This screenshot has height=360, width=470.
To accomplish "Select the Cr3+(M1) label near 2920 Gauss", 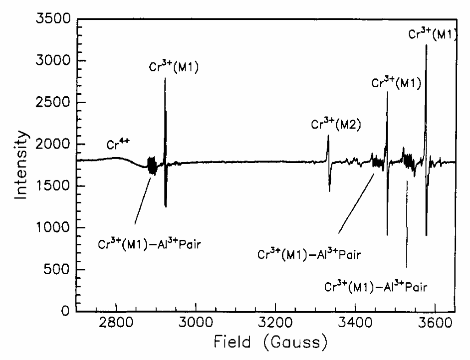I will (x=174, y=67).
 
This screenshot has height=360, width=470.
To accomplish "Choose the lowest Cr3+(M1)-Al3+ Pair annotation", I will (x=376, y=286).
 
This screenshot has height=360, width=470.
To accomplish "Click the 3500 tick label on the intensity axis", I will (x=50, y=19).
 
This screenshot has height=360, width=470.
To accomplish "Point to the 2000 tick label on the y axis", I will (x=50, y=145).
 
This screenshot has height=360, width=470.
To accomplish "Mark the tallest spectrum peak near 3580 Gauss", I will (x=426, y=46).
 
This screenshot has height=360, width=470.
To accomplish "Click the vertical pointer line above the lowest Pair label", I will (x=407, y=224).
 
